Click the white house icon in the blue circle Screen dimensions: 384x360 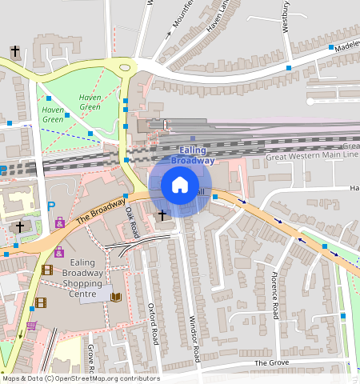tap(180, 185)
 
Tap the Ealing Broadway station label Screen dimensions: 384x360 tap(192, 155)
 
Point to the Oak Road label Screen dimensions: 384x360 tap(132, 222)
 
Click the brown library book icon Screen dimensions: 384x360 tap(116, 297)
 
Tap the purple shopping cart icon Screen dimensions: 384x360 tap(31, 326)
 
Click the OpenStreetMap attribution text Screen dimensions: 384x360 tap(81, 378)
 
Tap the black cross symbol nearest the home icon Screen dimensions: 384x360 tap(162, 214)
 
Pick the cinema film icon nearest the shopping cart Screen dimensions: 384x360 tap(40, 302)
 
